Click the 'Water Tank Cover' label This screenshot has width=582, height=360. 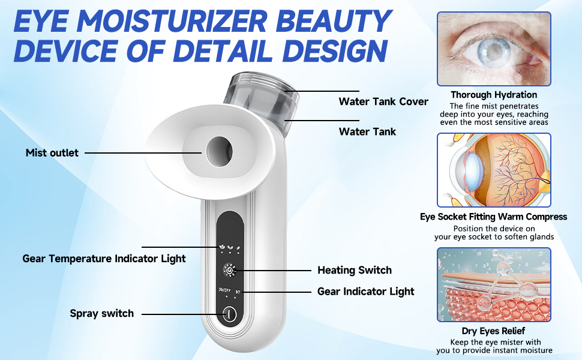click(383, 101)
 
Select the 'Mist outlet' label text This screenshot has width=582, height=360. click(52, 153)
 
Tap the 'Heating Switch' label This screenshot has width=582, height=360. click(354, 270)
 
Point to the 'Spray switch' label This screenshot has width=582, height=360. click(101, 313)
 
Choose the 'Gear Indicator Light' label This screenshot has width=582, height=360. click(365, 292)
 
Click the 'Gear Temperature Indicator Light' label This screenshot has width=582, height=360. click(104, 259)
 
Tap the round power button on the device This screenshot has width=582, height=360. click(229, 314)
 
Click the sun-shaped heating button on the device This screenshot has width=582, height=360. click(229, 271)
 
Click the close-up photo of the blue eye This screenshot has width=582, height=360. click(493, 49)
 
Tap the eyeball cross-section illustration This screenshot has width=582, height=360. click(493, 170)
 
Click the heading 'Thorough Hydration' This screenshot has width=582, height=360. click(494, 95)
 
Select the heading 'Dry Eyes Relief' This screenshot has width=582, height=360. click(494, 331)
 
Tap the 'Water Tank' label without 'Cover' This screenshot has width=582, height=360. click(367, 131)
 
